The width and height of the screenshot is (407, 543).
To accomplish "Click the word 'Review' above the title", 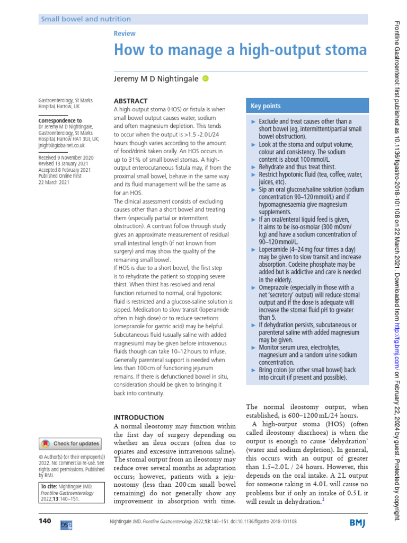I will [x=125, y=33].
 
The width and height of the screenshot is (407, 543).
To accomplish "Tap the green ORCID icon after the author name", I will [x=206, y=78].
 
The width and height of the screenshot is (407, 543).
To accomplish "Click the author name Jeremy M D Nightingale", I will [x=155, y=78].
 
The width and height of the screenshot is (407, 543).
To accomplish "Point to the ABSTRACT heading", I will [x=131, y=101].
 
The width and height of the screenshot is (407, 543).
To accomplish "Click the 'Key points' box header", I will [x=266, y=106].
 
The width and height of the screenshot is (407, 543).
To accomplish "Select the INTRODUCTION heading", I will [x=139, y=417].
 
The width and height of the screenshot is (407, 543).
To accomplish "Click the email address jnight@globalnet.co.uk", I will [x=62, y=145].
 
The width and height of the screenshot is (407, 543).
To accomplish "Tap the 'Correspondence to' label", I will [x=60, y=121].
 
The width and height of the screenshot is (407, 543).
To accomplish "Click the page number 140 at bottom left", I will [x=45, y=521].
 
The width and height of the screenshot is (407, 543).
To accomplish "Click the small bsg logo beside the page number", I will [x=66, y=523].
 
